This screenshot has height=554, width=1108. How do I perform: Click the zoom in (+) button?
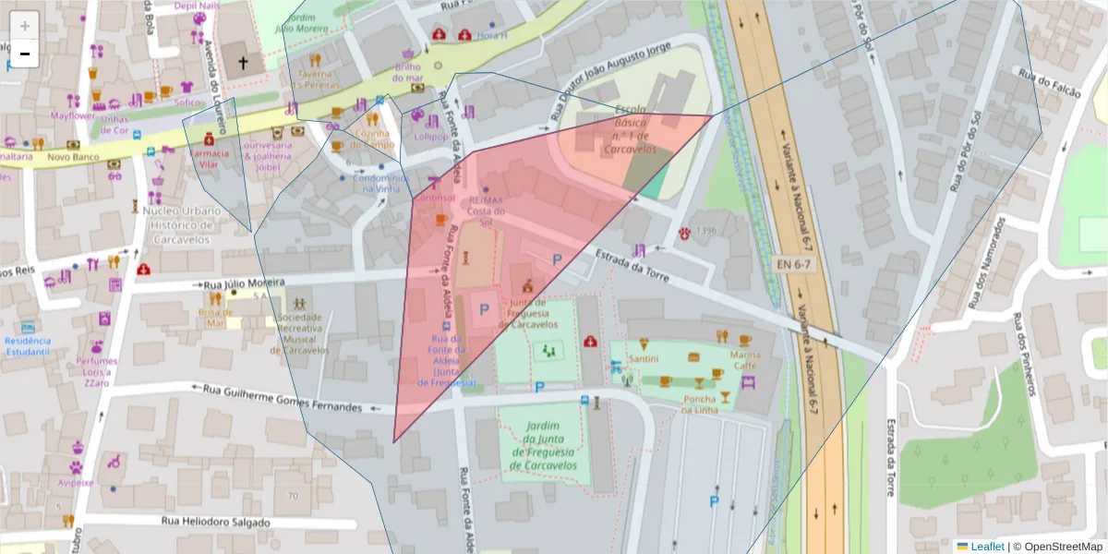[x=24, y=25]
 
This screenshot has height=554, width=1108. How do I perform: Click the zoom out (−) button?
[x=24, y=54]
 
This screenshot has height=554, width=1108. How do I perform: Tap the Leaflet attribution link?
[x=986, y=547]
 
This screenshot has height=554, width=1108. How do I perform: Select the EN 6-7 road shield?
[x=791, y=264]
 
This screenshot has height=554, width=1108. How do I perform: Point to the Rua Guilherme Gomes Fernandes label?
[x=283, y=399]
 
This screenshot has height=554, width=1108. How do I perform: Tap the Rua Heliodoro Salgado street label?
[x=216, y=522]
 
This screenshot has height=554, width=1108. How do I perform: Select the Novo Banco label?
[x=73, y=157]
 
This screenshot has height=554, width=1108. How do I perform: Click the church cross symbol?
[x=243, y=63]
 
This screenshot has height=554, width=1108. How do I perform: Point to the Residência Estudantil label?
[x=28, y=345]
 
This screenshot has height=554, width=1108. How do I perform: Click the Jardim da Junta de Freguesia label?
[x=545, y=445]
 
